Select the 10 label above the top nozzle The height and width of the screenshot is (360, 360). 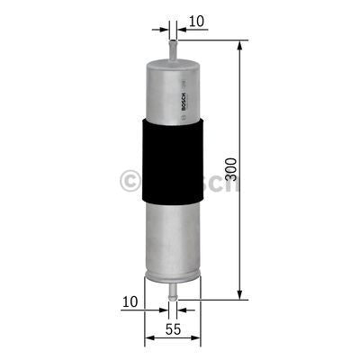pos(197,19)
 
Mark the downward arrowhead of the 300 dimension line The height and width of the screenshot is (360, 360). pos(241,292)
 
